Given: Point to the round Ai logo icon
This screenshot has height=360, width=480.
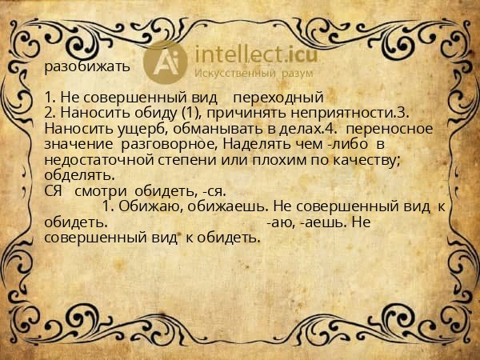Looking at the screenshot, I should (x=165, y=60).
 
